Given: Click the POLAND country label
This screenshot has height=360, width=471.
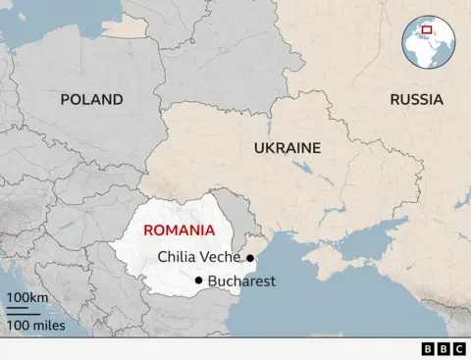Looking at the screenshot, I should [91, 99].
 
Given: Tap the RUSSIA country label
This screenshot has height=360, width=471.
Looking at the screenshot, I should [416, 99].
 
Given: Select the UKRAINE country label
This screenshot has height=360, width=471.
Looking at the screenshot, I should [287, 148].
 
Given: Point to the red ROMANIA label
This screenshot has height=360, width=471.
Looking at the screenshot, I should [179, 230].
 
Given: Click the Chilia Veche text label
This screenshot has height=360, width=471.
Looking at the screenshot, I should [198, 258].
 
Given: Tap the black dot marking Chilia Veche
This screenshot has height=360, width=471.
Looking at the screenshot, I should [250, 258].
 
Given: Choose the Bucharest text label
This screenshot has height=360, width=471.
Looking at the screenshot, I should [241, 282].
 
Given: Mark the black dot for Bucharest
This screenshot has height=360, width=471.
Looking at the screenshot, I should [199, 282].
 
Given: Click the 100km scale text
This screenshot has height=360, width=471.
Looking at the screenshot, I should [26, 297].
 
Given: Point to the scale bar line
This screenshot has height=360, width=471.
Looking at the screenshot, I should [24, 311].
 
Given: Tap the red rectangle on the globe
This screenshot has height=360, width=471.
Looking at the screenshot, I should [427, 29].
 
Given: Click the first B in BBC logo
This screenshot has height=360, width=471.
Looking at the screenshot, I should [429, 348].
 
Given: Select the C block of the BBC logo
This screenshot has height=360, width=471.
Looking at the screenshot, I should [458, 348].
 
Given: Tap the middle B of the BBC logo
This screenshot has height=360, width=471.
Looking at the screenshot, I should [444, 348].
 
